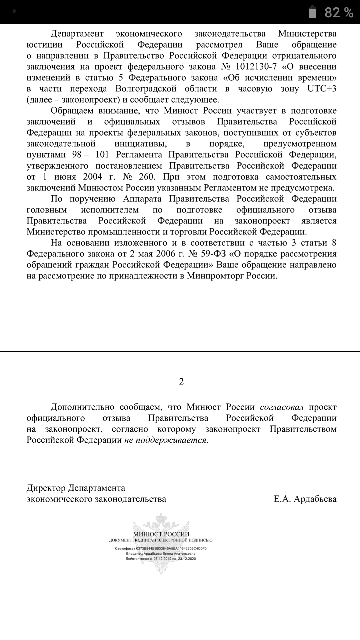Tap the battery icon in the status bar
click(x=312, y=12)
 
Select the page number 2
click(x=181, y=381)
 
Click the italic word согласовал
click(x=282, y=407)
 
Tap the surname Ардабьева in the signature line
click(x=315, y=499)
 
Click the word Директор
click(x=46, y=488)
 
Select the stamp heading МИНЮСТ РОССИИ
click(x=161, y=534)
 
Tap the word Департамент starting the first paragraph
click(x=77, y=34)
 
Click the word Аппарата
click(x=142, y=199)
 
